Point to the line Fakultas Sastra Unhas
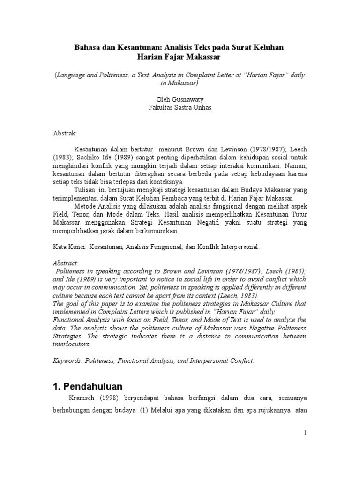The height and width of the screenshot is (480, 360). pos(180,107)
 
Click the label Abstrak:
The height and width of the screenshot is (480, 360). pos(65,134)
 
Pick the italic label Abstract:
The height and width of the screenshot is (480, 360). pos(66,263)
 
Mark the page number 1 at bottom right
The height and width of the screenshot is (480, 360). pos(305,433)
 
